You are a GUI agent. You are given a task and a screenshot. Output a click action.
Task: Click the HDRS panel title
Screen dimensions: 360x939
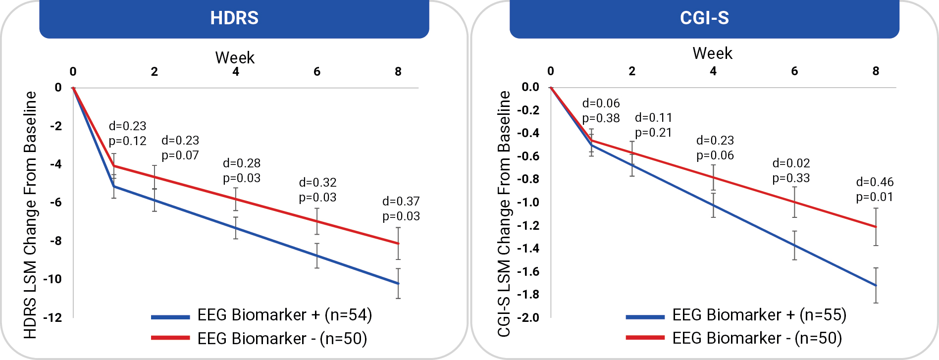pos(234,18)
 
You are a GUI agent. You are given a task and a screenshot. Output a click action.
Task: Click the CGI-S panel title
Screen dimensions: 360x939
pos(704,18)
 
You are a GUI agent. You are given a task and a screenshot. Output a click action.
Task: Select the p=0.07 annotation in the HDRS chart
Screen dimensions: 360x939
pos(180,155)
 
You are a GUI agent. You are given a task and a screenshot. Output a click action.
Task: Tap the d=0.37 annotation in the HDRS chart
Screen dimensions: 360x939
pos(401,202)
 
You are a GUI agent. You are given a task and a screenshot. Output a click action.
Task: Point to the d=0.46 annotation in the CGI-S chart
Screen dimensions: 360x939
pos(875,182)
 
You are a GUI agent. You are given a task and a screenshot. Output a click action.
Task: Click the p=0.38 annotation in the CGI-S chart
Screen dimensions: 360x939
pos(601,118)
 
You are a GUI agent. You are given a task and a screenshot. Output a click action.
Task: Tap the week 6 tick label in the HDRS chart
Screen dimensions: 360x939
pos(317,72)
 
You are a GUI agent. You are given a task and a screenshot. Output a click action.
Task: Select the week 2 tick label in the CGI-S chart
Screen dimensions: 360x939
pos(632,71)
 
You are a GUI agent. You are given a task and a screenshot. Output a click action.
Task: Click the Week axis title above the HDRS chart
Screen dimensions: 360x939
pos(235,58)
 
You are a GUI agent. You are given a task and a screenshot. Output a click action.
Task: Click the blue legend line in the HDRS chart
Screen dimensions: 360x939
pos(170,317)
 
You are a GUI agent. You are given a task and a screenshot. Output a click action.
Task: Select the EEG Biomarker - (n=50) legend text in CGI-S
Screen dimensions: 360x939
pos(757,338)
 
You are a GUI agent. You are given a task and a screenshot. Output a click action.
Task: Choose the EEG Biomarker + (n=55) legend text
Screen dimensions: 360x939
pos(759,315)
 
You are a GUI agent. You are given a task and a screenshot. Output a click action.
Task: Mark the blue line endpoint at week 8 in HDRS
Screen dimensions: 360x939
pos(398,284)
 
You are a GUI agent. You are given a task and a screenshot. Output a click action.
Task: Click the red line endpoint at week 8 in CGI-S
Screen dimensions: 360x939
pos(876,227)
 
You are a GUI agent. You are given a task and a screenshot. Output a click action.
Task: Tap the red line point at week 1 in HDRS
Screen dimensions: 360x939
pos(114,166)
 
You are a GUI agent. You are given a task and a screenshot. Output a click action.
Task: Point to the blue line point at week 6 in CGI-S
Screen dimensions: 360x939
pos(794,246)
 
